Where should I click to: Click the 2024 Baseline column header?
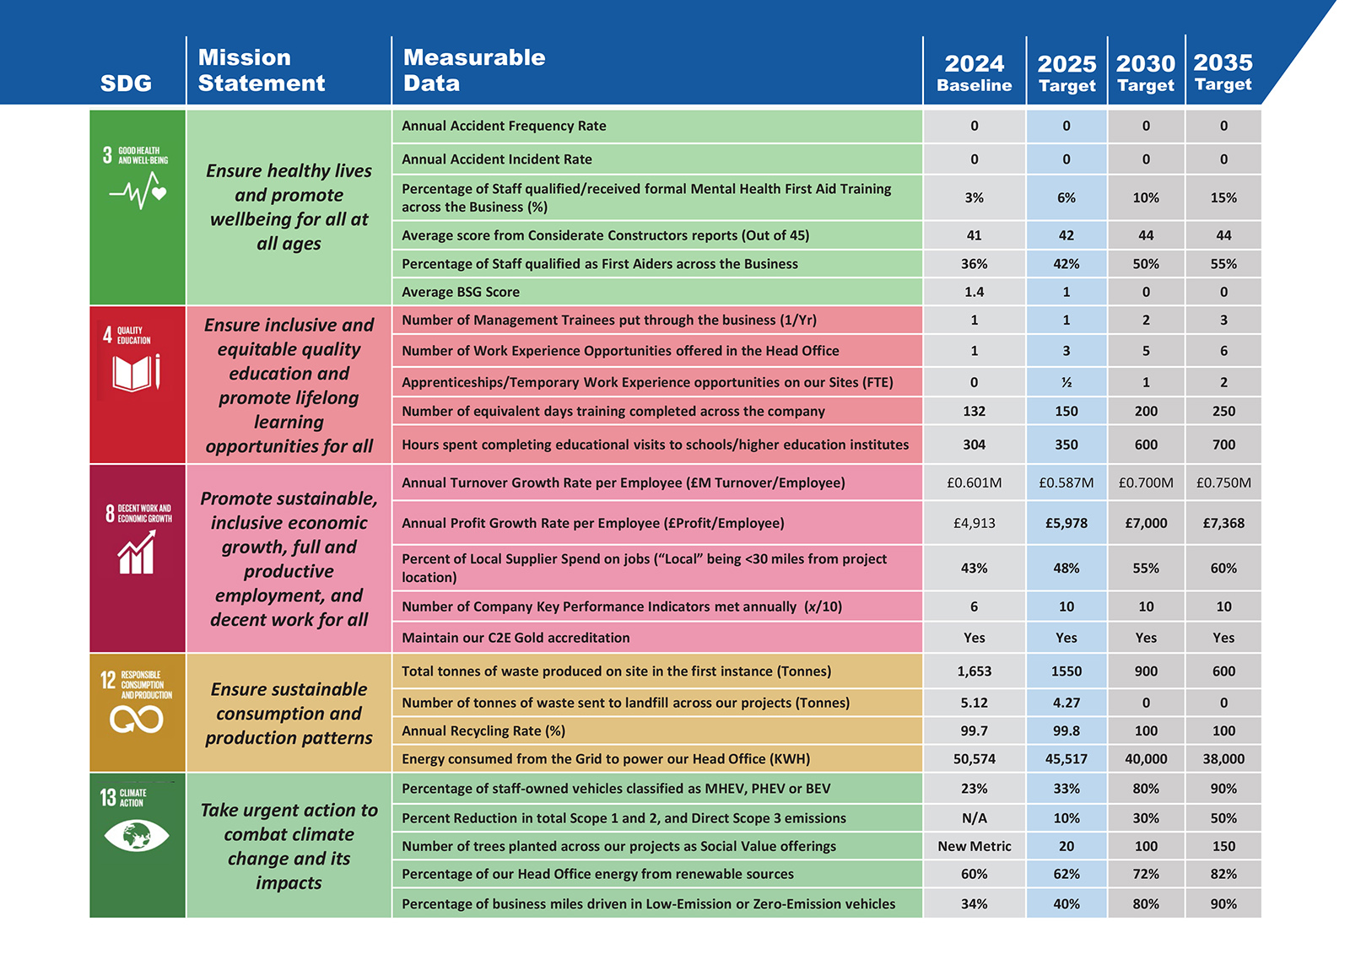(x=974, y=73)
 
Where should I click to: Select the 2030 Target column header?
(x=1145, y=73)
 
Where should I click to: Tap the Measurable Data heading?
(x=473, y=70)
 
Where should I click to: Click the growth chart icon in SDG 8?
(x=137, y=553)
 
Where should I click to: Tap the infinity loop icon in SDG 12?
(x=137, y=720)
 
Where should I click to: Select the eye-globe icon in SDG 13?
(x=137, y=836)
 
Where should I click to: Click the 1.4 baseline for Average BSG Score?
(x=974, y=292)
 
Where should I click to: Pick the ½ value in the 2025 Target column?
(x=1066, y=382)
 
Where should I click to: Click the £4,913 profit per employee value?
(x=974, y=523)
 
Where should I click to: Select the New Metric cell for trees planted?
(x=974, y=846)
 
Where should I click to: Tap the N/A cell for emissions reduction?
(x=974, y=818)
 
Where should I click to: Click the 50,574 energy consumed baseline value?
(x=974, y=759)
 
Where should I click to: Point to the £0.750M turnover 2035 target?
(x=1223, y=482)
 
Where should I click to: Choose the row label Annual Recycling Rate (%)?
(x=483, y=731)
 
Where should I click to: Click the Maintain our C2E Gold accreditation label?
(x=516, y=638)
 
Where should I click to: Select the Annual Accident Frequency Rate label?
(x=504, y=126)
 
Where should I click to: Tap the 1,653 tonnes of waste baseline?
(x=974, y=671)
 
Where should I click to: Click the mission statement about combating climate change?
(x=289, y=846)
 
